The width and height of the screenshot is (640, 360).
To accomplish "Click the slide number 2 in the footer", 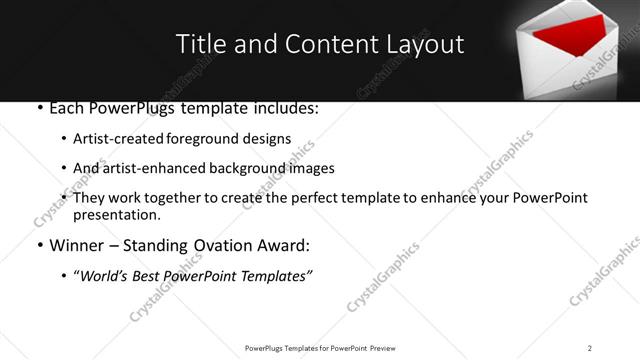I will (x=590, y=347).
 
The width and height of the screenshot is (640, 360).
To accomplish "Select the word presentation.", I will (x=117, y=214).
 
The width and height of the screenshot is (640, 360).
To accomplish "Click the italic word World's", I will (x=107, y=276).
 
